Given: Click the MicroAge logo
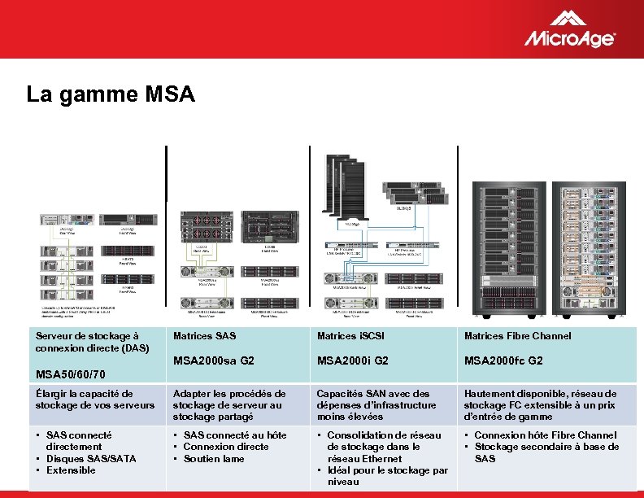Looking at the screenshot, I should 569,30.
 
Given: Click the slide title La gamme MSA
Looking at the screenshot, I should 111,95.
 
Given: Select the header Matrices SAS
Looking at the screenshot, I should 204,335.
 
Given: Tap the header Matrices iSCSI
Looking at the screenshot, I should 350,335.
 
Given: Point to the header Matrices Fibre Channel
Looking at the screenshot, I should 517,335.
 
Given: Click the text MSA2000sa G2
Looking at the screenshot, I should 213,360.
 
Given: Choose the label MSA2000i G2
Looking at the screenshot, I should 352,360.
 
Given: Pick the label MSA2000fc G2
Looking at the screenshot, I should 503,360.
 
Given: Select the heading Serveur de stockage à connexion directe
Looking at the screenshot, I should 92,342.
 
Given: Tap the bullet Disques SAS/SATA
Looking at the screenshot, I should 91,458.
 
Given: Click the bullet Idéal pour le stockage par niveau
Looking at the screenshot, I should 386,476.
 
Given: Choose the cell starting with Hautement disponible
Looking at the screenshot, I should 540,404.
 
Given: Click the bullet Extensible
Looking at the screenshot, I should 71,470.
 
